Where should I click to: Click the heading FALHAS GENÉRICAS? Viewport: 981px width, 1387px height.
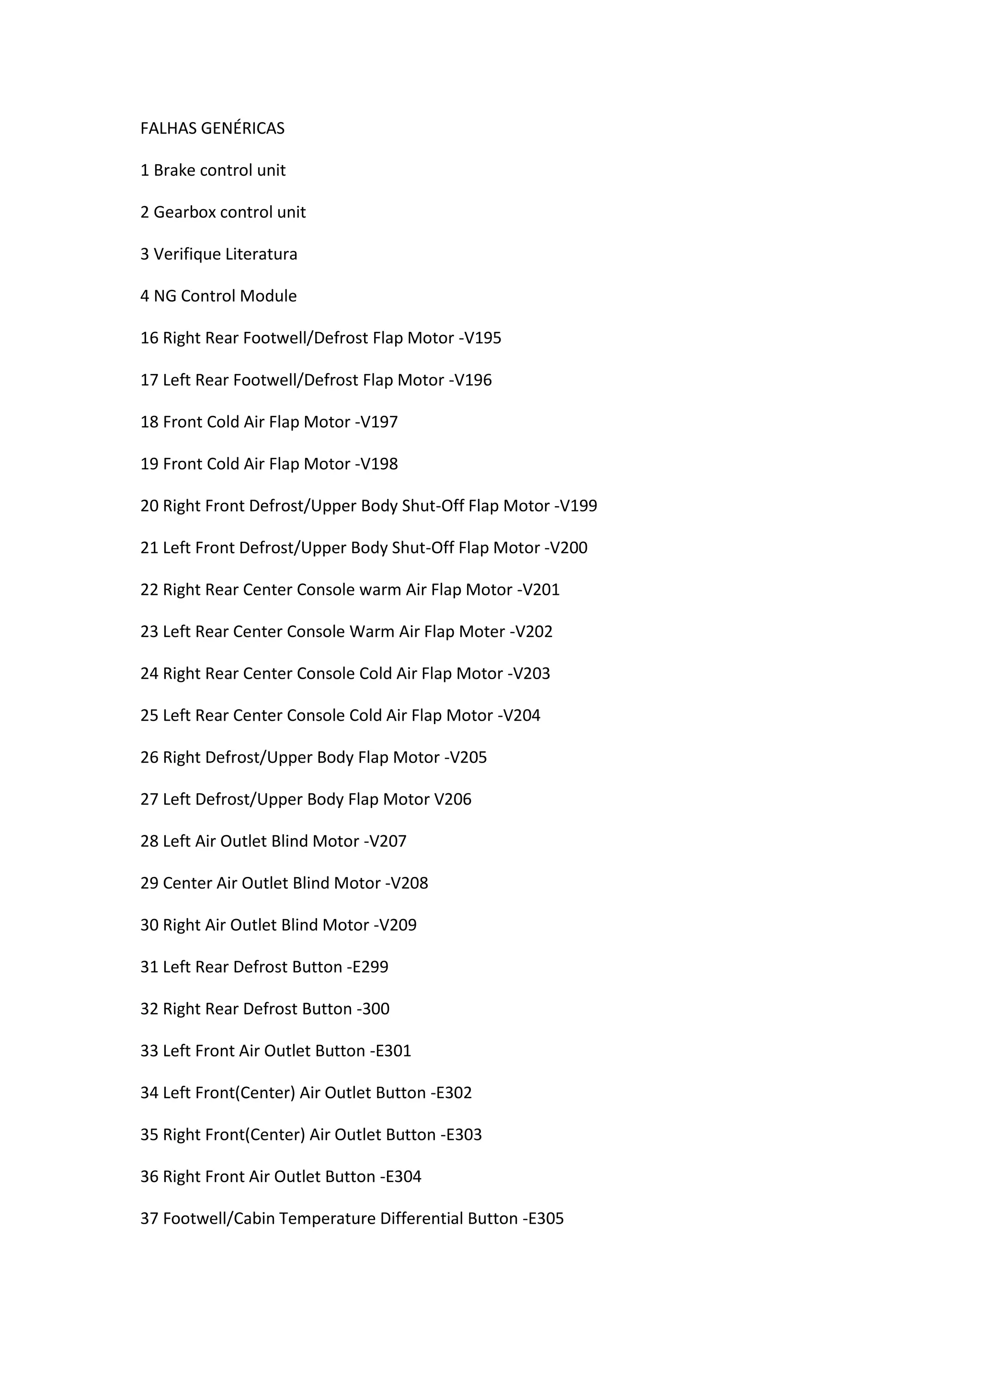coord(212,128)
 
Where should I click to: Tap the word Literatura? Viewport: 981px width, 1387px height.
coord(262,254)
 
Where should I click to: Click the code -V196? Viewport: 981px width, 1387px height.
coord(470,380)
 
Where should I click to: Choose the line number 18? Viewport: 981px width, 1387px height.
coord(149,421)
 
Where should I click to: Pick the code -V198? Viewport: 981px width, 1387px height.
coord(376,464)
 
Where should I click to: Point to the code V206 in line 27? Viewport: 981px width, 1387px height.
coord(453,799)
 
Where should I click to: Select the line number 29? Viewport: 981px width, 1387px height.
coord(149,883)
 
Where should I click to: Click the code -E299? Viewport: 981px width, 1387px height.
coord(367,967)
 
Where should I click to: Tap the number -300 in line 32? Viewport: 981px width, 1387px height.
coord(373,1009)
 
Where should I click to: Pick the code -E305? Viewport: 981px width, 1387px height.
coord(543,1218)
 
